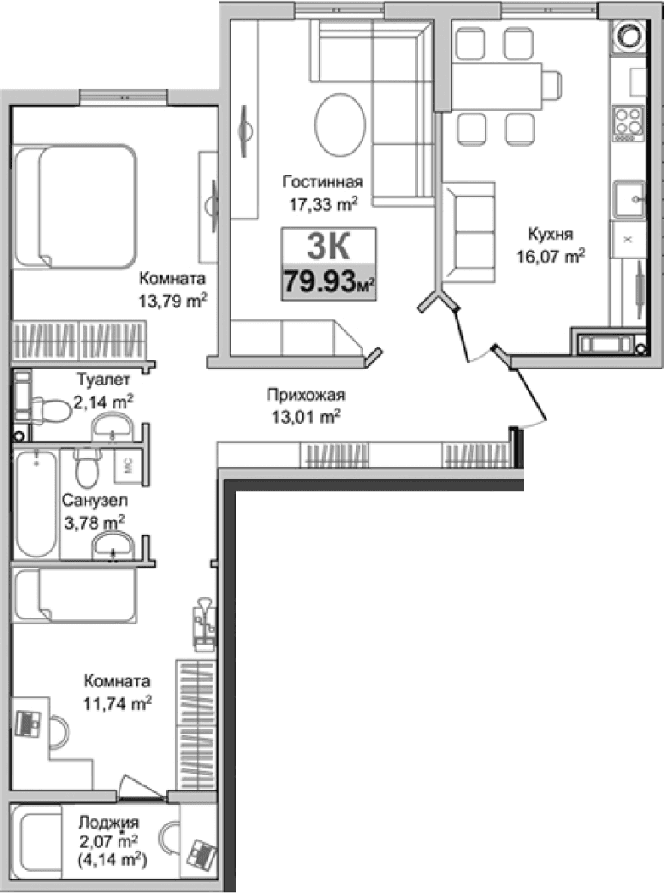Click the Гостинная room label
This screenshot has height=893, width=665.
click(x=324, y=182)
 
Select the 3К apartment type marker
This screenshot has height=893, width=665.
click(x=328, y=247)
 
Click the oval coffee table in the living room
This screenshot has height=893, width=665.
click(x=341, y=123)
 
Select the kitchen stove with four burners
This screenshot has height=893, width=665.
click(x=629, y=119)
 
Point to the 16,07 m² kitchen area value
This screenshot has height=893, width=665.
click(x=551, y=254)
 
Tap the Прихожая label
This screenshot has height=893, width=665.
click(x=306, y=394)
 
